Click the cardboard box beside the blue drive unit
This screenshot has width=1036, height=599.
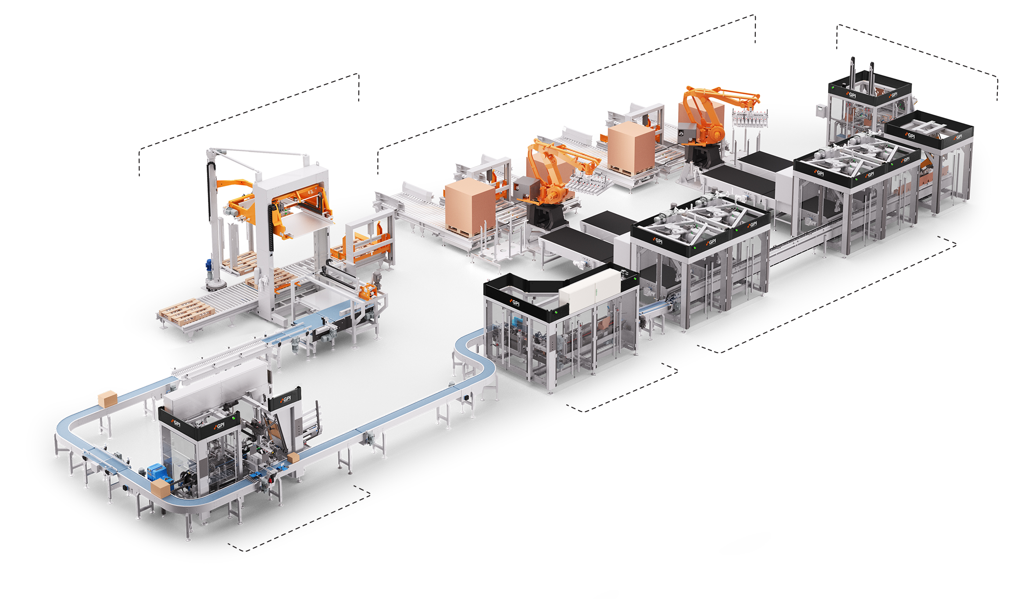tap(160, 488)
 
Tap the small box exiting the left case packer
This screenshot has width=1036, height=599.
tap(293, 458)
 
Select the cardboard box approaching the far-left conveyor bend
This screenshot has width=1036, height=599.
tap(107, 399)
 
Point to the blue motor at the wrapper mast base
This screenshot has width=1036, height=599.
tap(209, 266)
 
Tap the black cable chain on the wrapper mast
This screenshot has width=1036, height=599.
tap(213, 184)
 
